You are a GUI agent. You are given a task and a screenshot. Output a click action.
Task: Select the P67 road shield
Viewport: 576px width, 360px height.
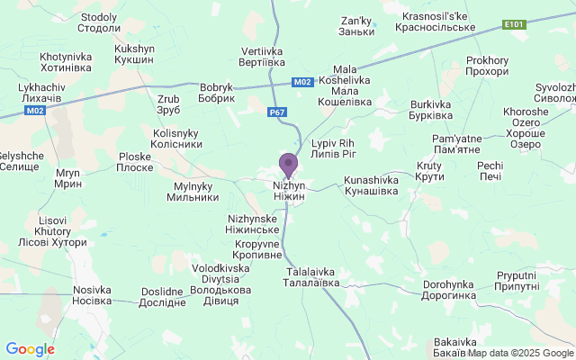277,113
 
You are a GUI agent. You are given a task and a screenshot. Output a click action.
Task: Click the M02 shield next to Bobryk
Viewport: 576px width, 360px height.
303,82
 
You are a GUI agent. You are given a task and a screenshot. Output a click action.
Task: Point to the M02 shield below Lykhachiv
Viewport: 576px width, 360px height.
34,111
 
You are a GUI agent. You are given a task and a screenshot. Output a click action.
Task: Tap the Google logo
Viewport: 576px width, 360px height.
30,349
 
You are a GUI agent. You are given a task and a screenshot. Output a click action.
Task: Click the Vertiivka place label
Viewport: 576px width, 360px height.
264,58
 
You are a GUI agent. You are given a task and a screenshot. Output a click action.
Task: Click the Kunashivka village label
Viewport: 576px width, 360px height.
377,186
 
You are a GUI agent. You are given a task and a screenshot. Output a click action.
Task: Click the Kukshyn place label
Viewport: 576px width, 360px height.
135,53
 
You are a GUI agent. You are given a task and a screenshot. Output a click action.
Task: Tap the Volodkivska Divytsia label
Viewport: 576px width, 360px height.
220,283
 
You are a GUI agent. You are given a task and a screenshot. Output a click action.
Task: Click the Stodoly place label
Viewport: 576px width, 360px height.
99,22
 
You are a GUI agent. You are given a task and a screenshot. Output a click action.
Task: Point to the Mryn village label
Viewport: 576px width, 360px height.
67,176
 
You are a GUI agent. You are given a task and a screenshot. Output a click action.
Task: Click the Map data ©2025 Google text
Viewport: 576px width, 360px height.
519,352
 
